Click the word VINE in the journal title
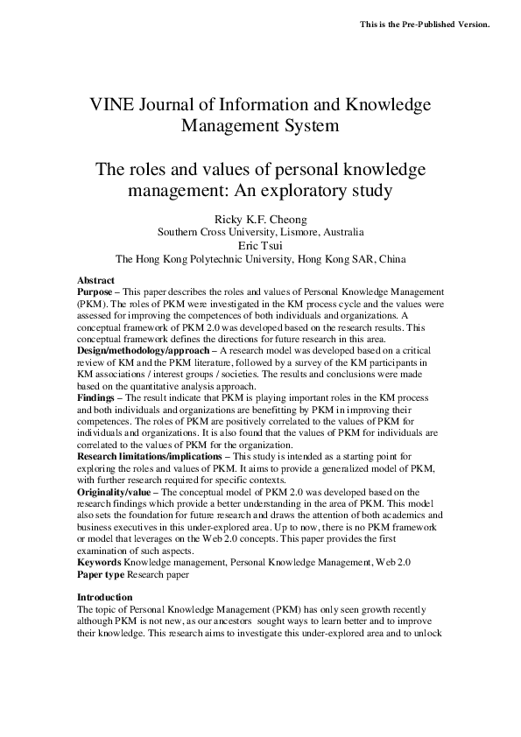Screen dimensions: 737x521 click(113, 105)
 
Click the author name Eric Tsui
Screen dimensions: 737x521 click(261, 246)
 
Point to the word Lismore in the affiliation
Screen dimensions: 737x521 click(295, 233)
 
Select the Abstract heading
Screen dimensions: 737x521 click(95, 280)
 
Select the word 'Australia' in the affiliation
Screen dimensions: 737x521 click(341, 233)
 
